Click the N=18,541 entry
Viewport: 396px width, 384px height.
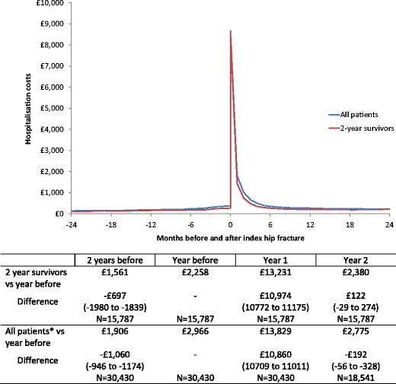[x=353, y=376]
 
